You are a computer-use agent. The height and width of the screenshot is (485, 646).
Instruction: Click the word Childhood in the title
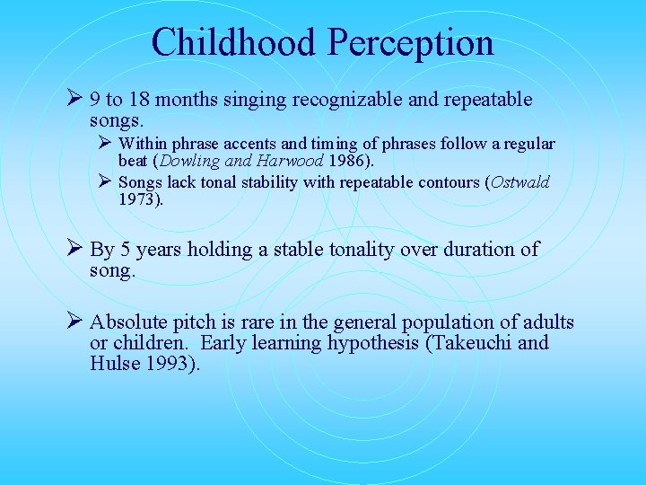[x=234, y=42]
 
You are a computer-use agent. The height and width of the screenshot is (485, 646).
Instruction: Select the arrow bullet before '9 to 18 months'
[x=76, y=100]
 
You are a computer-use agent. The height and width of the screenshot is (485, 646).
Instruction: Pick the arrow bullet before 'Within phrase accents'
[x=105, y=144]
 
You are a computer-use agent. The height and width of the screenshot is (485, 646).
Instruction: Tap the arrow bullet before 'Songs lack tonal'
[x=105, y=182]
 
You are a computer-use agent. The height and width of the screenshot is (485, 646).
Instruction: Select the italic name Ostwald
[x=519, y=182]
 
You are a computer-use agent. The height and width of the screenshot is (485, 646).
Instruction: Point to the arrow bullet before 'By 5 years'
[x=76, y=250]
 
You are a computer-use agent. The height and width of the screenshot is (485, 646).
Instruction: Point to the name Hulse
[x=113, y=364]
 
